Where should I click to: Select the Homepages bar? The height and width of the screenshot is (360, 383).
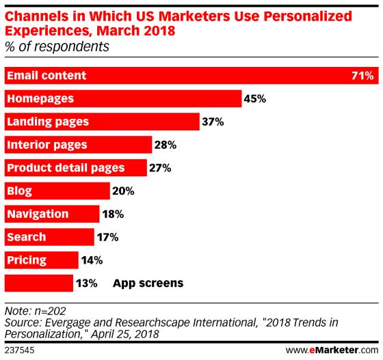[123, 98]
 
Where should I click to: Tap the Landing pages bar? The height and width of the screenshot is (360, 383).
[103, 122]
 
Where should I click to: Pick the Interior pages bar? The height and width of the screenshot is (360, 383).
[78, 145]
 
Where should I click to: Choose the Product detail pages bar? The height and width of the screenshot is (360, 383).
[75, 168]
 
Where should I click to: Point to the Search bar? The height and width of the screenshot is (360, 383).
[49, 238]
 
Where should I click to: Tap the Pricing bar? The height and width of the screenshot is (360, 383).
[41, 260]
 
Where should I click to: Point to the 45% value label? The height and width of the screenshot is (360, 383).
[254, 98]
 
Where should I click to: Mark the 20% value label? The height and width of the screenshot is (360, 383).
[122, 191]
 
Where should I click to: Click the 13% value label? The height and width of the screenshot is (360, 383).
[87, 283]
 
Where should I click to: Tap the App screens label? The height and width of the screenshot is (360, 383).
[148, 283]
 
